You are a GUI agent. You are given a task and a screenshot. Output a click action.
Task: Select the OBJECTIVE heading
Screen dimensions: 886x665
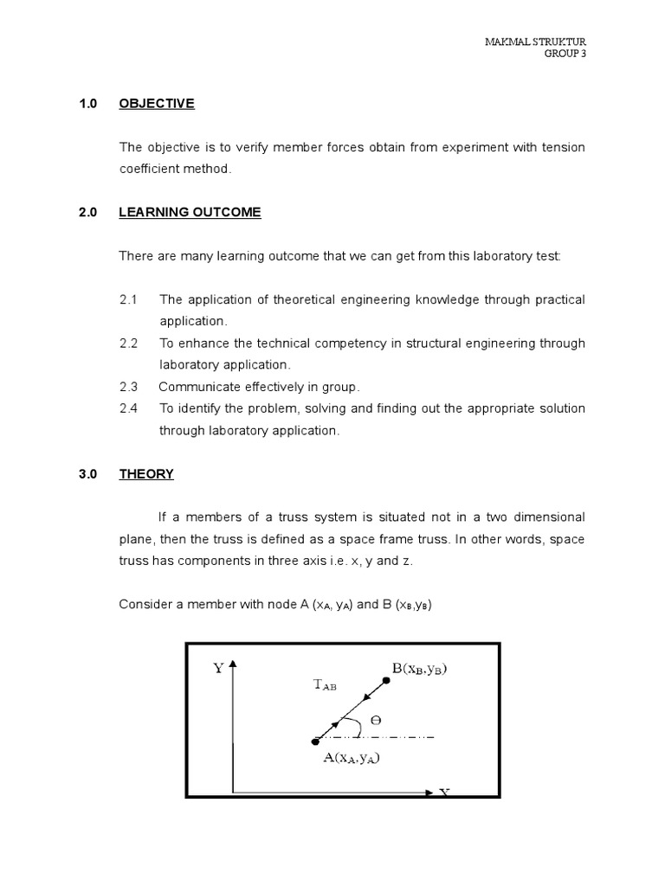[157, 104]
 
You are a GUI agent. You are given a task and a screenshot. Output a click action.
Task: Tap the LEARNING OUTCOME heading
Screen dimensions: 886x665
[190, 212]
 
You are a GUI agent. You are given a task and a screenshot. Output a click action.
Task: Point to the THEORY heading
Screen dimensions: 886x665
[146, 473]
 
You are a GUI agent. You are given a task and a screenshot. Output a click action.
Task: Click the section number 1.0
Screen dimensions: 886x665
[87, 104]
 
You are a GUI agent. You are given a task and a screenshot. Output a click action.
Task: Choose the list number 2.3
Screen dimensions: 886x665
[129, 386]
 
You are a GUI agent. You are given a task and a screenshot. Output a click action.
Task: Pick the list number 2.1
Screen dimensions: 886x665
[129, 299]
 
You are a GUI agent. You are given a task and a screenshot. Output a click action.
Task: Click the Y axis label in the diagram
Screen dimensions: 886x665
[217, 669]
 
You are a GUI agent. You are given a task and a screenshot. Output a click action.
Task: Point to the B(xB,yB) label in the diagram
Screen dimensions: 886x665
[423, 669]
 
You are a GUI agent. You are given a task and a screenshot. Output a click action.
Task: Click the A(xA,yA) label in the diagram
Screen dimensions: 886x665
[352, 758]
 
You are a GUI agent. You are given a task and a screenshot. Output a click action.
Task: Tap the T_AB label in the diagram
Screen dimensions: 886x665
[325, 684]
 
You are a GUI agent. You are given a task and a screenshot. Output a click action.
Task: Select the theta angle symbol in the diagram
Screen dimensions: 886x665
[375, 720]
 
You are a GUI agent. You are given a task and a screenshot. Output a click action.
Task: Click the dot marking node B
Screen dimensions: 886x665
[386, 681]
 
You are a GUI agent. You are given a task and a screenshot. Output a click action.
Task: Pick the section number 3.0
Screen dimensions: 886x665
[87, 473]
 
